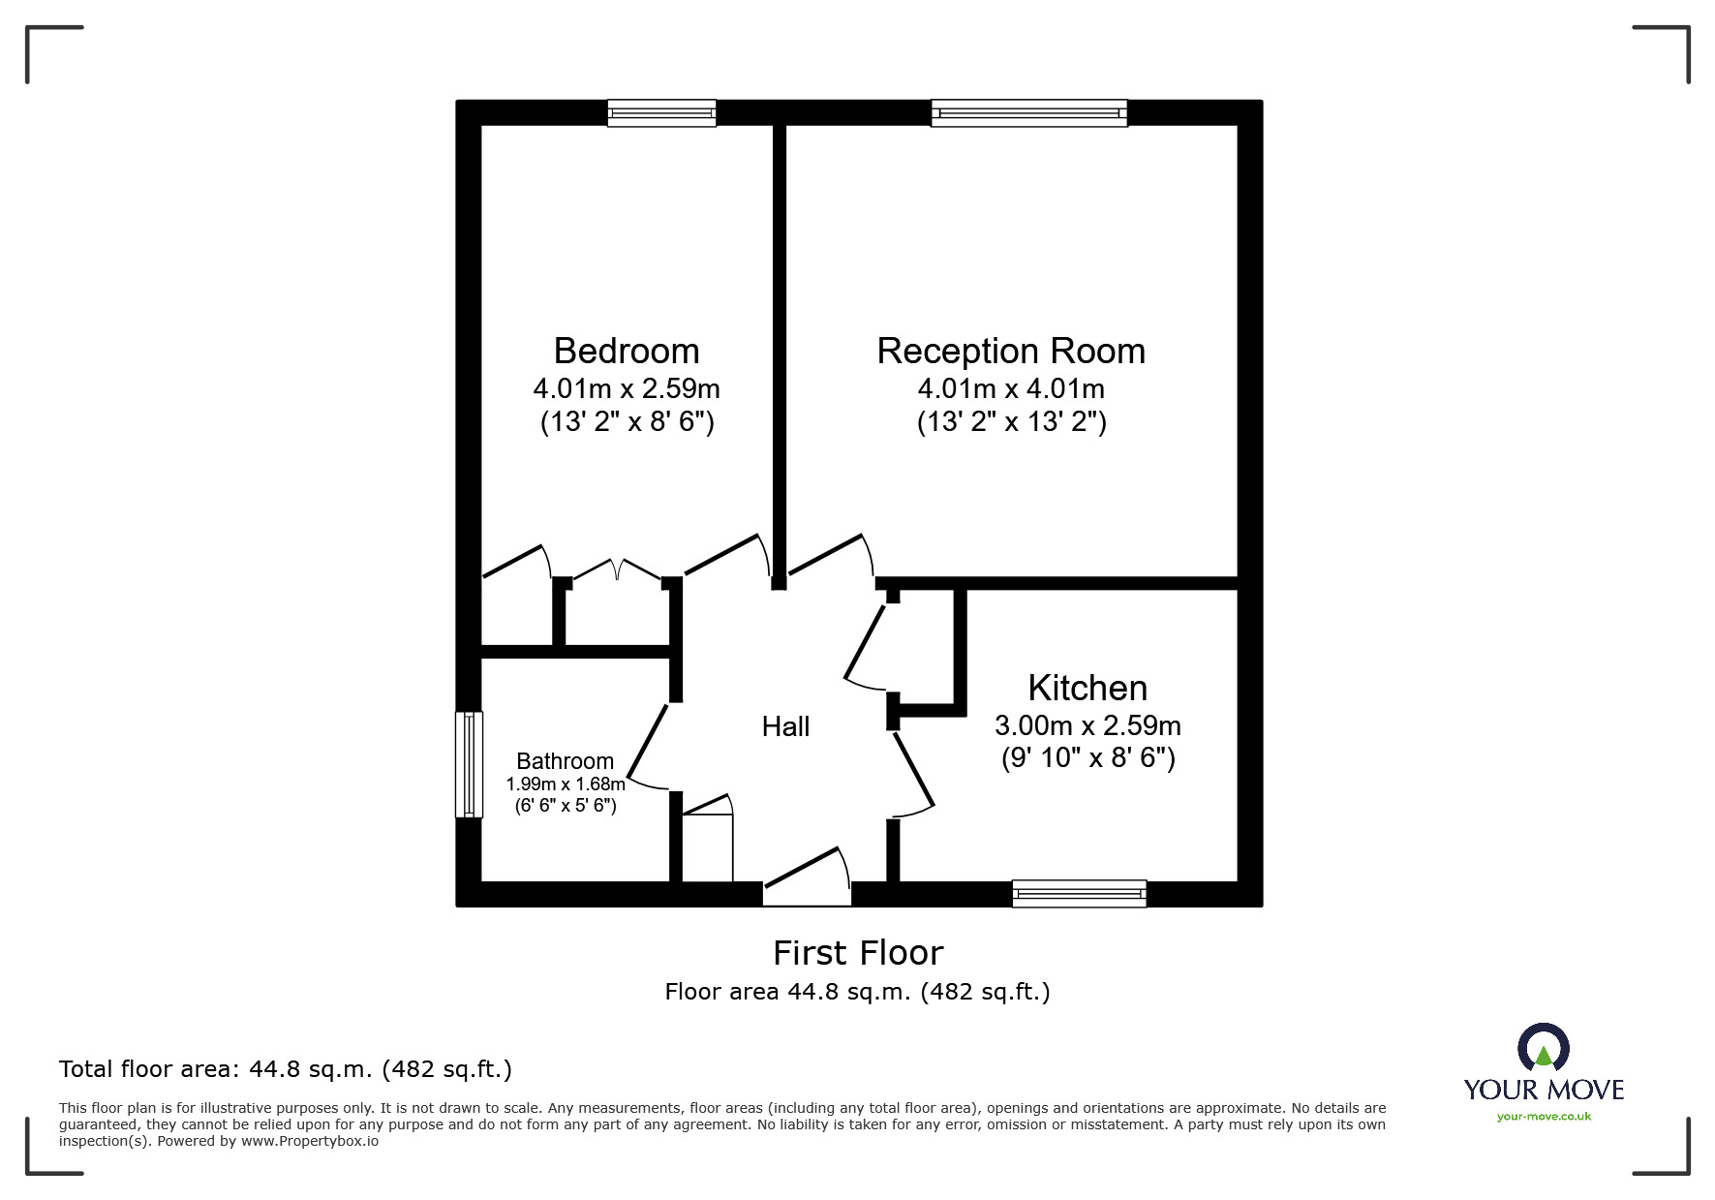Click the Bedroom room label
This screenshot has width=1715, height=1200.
pyautogui.click(x=626, y=351)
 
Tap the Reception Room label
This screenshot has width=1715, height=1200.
pyautogui.click(x=1010, y=351)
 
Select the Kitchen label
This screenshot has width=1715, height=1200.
pyautogui.click(x=1087, y=688)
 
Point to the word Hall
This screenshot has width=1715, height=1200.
pyautogui.click(x=784, y=726)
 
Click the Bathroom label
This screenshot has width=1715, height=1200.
pyautogui.click(x=565, y=761)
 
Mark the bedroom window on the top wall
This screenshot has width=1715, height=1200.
pyautogui.click(x=661, y=113)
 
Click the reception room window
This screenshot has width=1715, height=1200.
pyautogui.click(x=1028, y=113)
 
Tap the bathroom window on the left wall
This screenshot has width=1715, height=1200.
pyautogui.click(x=469, y=764)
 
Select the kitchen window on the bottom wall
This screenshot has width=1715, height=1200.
pyautogui.click(x=1078, y=893)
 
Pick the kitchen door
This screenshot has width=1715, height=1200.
pyautogui.click(x=913, y=772)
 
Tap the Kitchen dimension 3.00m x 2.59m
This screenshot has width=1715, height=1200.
pyautogui.click(x=1087, y=725)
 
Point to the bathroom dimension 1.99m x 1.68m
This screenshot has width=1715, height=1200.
pyautogui.click(x=565, y=785)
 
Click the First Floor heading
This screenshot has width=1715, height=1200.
pyautogui.click(x=857, y=953)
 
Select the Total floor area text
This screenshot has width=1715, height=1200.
pyautogui.click(x=285, y=1069)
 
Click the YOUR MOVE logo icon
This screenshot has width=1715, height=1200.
pyautogui.click(x=1543, y=1048)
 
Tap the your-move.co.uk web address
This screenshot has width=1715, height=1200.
pyautogui.click(x=1544, y=1117)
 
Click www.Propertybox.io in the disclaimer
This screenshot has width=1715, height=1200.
pyautogui.click(x=309, y=1141)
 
